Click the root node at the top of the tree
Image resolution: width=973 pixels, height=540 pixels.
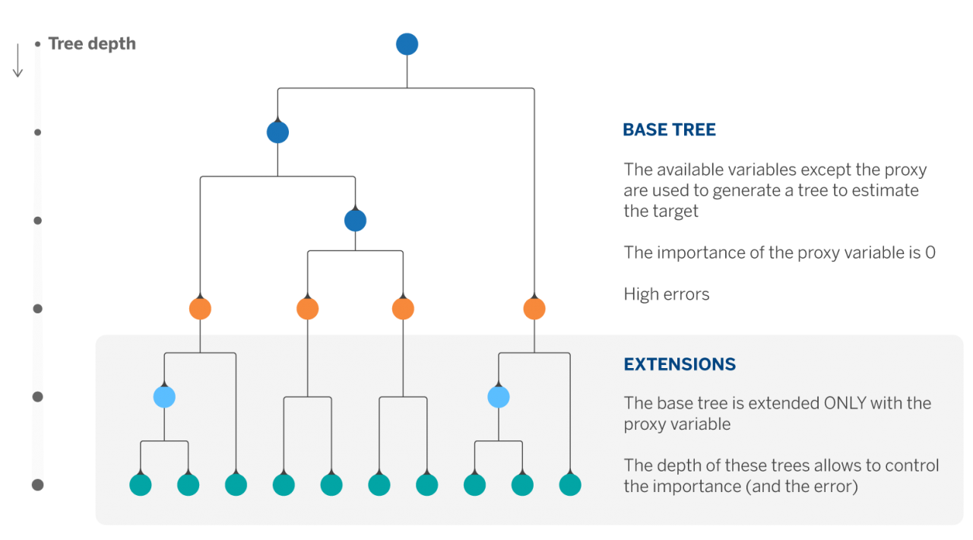(x=407, y=44)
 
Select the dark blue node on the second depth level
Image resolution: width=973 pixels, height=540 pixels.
(x=277, y=132)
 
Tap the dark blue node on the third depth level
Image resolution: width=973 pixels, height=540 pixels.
(x=355, y=221)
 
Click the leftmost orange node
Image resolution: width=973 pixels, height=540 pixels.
(x=200, y=309)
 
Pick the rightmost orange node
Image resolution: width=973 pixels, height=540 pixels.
(x=534, y=309)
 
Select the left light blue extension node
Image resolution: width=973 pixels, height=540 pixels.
(x=164, y=397)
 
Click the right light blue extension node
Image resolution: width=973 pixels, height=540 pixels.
(x=498, y=397)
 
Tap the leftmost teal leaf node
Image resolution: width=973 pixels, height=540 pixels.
(x=141, y=484)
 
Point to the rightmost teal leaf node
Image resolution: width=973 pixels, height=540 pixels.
(x=570, y=484)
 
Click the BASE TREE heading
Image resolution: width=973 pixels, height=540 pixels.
(x=669, y=130)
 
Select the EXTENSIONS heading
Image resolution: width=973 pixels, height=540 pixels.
(x=680, y=364)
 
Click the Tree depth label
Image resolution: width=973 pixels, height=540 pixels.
(x=92, y=43)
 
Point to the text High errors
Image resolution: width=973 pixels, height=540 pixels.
(x=666, y=294)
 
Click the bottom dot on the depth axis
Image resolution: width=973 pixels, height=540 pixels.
(x=37, y=484)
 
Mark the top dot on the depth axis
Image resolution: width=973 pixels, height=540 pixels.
(x=37, y=44)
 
